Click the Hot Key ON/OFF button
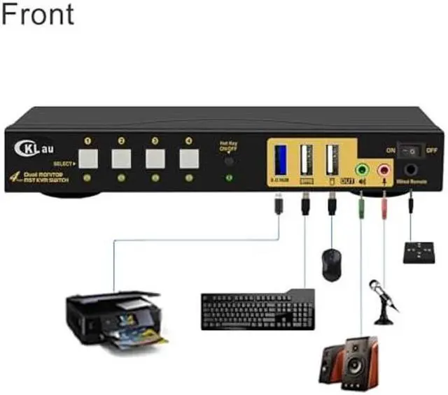[x=228, y=161]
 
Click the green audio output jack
[x=362, y=170]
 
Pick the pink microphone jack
[x=384, y=170]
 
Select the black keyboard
[x=256, y=310]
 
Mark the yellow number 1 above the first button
[x=88, y=141]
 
